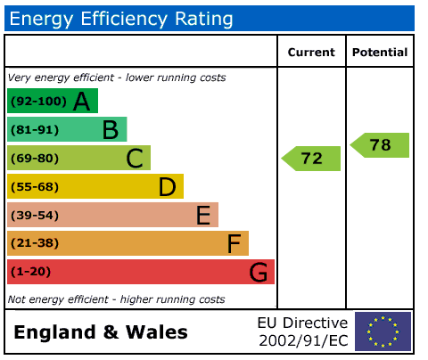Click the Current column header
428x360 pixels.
point(311,53)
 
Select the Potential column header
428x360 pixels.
point(380,53)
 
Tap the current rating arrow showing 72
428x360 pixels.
point(311,159)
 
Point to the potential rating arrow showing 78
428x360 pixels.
point(380,145)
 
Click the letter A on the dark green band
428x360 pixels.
point(81,102)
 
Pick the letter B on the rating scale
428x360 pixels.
point(111,130)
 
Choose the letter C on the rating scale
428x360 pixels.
point(135,159)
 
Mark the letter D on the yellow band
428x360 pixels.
point(168,187)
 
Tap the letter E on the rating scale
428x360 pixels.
point(203,215)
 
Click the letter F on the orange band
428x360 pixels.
point(234,243)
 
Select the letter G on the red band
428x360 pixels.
point(259,272)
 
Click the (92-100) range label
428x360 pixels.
point(38,102)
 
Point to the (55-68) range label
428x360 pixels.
point(35,187)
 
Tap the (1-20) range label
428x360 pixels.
point(30,272)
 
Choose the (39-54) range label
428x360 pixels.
point(35,215)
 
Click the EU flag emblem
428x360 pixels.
point(383,331)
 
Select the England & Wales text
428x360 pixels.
point(101,332)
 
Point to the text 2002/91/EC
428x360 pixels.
point(303,340)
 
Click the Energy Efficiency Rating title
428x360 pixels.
point(121,19)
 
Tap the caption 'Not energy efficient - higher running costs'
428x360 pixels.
point(117,299)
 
